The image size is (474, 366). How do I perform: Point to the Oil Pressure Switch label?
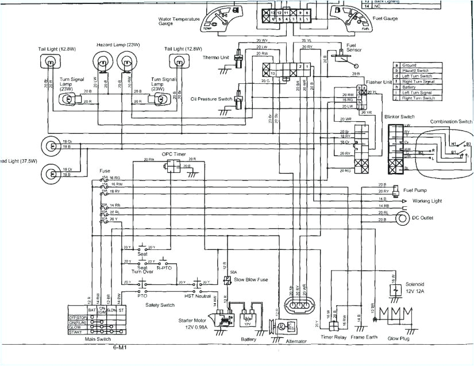pyautogui.click(x=211, y=99)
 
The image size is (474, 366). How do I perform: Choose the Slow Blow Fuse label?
pyautogui.click(x=249, y=280)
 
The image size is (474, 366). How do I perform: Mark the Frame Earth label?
pyautogui.click(x=365, y=338)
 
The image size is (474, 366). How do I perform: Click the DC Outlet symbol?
pyautogui.click(x=401, y=218)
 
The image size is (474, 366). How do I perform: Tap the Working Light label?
pyautogui.click(x=428, y=201)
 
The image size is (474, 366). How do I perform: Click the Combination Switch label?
pyautogui.click(x=450, y=121)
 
